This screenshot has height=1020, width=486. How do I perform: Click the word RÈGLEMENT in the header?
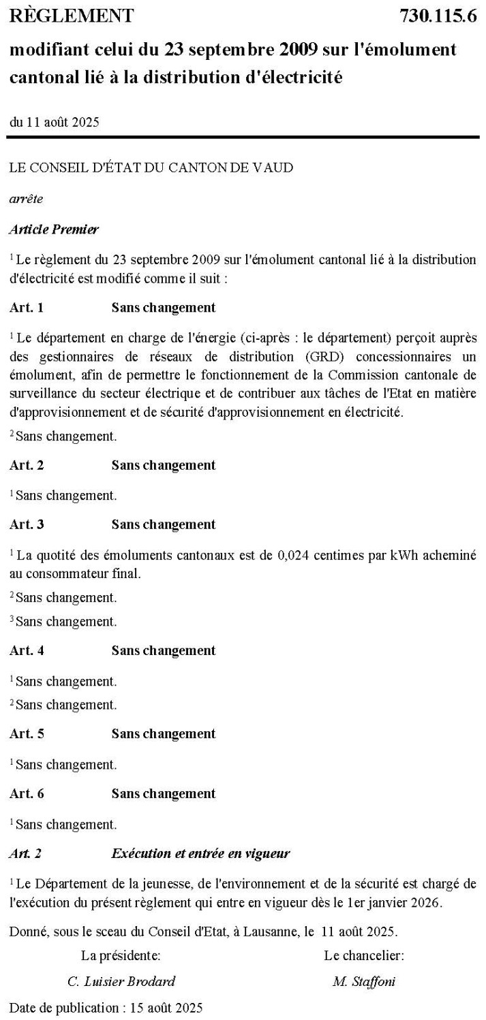tap(72, 16)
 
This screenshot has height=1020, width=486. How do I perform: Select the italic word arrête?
tap(25, 199)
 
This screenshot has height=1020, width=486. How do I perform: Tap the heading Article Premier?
tap(54, 229)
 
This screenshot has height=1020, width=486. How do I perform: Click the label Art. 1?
tap(27, 307)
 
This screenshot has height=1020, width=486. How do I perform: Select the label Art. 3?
tap(27, 524)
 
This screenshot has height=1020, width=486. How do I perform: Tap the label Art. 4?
tap(27, 650)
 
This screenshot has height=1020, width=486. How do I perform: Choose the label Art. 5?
tap(27, 733)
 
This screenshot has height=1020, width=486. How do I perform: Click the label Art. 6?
tap(27, 793)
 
